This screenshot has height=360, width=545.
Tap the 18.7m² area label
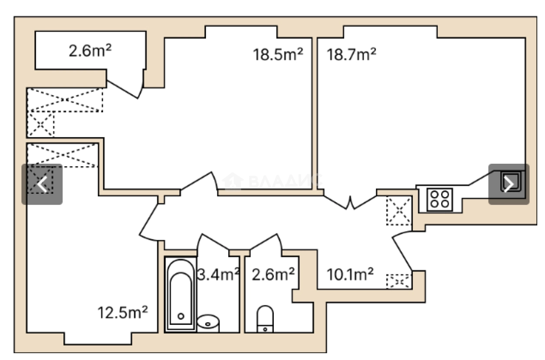[351, 55]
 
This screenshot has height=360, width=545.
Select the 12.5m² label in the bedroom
[123, 312]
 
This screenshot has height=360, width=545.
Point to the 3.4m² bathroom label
[218, 274]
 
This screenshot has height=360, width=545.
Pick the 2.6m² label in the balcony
[90, 51]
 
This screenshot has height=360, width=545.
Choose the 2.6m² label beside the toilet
[274, 274]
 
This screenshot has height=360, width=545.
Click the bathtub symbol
[180, 294]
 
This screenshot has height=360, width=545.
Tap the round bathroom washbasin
[208, 323]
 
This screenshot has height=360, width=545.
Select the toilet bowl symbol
[265, 318]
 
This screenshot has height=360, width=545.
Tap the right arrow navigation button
[508, 184]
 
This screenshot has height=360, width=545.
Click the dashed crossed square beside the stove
[399, 211]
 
